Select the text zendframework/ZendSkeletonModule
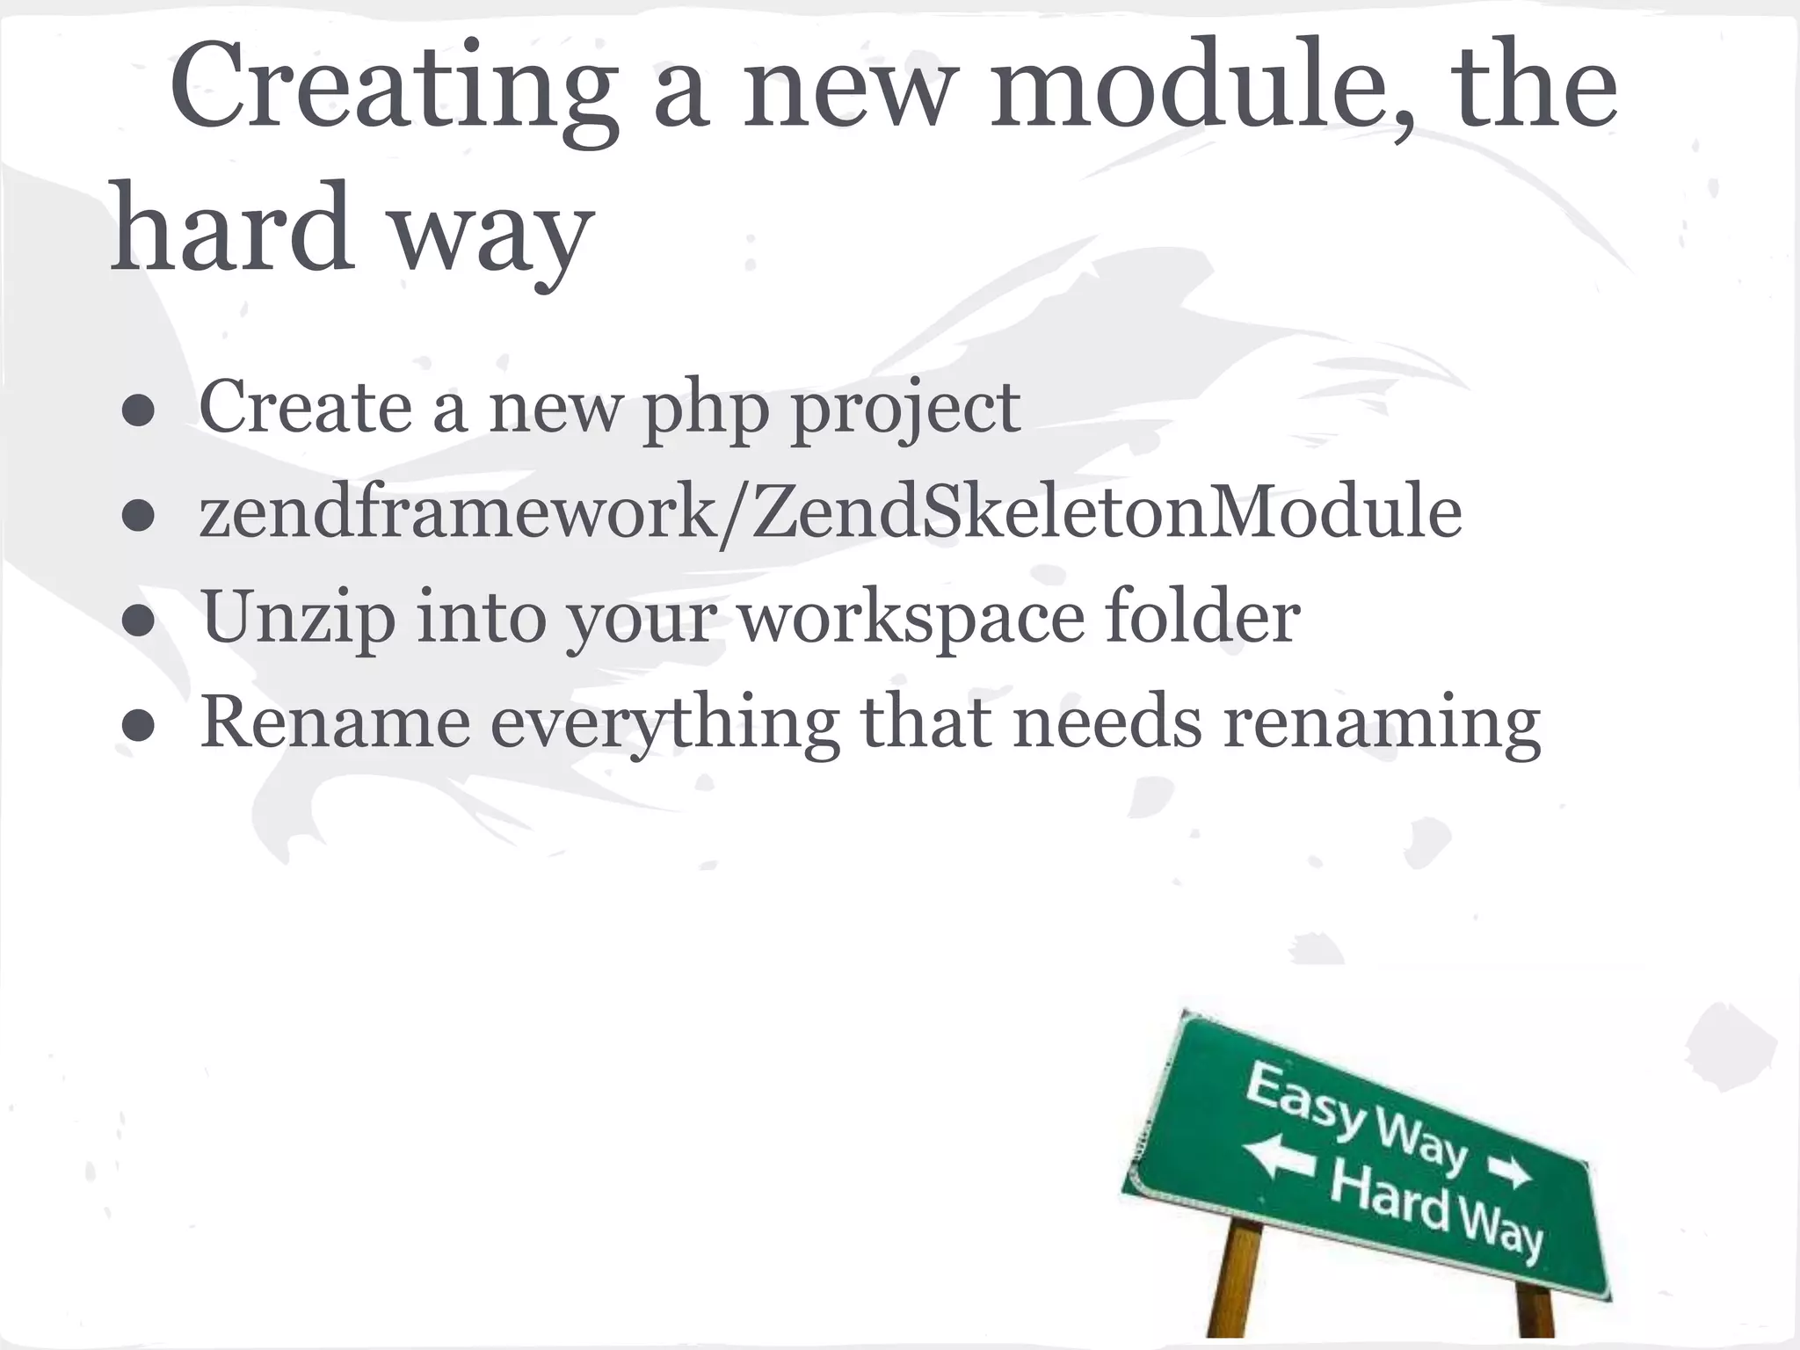(831, 513)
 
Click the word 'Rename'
(335, 722)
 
